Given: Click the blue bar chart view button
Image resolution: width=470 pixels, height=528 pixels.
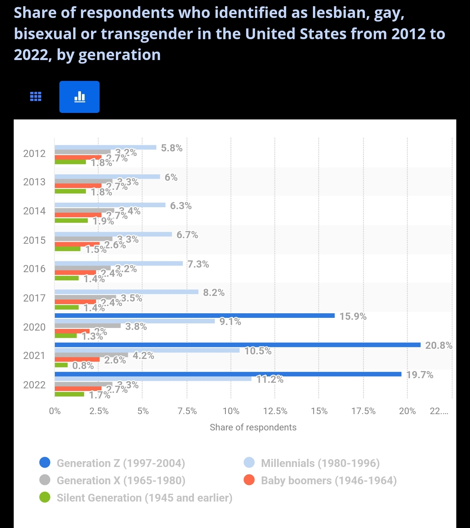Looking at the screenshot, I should click(x=79, y=97).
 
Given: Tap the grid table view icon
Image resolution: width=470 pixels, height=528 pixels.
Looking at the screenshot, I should click(x=36, y=97).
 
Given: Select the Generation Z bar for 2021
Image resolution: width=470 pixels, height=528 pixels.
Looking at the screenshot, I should click(x=237, y=345).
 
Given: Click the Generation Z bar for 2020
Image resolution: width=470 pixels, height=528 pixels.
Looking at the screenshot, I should click(x=195, y=316).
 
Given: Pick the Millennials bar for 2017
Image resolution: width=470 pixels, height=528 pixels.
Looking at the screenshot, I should click(x=126, y=292).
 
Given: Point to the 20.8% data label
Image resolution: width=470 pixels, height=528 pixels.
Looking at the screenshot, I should click(x=439, y=345).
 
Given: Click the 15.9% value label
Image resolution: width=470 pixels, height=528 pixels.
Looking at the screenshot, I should click(x=353, y=316).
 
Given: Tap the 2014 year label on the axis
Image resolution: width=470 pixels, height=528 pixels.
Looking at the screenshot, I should click(x=34, y=211).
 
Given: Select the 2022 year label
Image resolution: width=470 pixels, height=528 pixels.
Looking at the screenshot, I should click(x=34, y=385).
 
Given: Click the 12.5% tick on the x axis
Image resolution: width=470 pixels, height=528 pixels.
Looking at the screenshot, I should click(x=275, y=411).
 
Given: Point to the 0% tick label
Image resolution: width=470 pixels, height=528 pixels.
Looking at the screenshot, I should click(x=55, y=411).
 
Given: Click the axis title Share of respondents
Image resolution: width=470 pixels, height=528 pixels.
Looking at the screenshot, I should click(x=253, y=427).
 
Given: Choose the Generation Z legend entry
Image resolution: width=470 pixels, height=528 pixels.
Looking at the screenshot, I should click(x=120, y=463).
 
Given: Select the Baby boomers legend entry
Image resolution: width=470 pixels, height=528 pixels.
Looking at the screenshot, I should click(x=328, y=480).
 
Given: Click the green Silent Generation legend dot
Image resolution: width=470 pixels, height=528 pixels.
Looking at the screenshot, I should click(x=45, y=498).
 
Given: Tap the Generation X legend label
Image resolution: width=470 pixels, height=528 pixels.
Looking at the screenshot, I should click(x=121, y=480).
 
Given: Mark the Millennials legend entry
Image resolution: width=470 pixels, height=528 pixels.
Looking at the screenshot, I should click(x=320, y=463).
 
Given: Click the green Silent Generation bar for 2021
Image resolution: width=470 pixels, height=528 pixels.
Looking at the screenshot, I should click(x=61, y=365).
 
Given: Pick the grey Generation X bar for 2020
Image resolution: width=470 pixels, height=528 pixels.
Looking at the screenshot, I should click(x=87, y=326).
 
